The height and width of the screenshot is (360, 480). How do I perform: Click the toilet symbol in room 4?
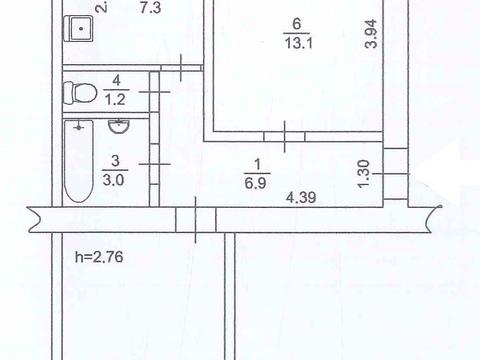tap(80, 94)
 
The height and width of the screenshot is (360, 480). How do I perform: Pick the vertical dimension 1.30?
tap(364, 173)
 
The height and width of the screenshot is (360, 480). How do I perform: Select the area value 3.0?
tap(116, 181)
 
